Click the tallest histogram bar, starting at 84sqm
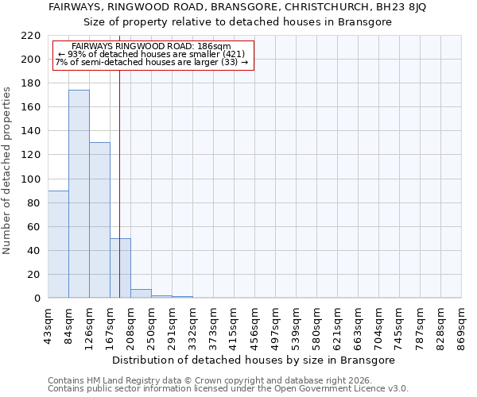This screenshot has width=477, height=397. click(x=79, y=194)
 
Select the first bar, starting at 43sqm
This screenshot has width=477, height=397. click(x=58, y=245)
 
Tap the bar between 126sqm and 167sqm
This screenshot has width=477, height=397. click(x=99, y=220)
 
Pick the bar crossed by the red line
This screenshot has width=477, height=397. click(x=120, y=268)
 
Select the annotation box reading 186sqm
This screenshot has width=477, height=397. click(x=153, y=55)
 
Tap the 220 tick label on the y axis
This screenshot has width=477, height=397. click(x=31, y=36)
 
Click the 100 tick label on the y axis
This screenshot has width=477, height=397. click(x=31, y=179)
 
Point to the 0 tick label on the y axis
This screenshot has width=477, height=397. click(x=37, y=299)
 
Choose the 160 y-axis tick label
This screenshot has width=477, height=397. click(x=31, y=107)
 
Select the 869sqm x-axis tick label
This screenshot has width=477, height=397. click(x=462, y=327)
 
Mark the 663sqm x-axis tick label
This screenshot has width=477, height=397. click(x=359, y=327)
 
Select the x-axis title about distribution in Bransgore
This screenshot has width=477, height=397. click(x=254, y=360)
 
